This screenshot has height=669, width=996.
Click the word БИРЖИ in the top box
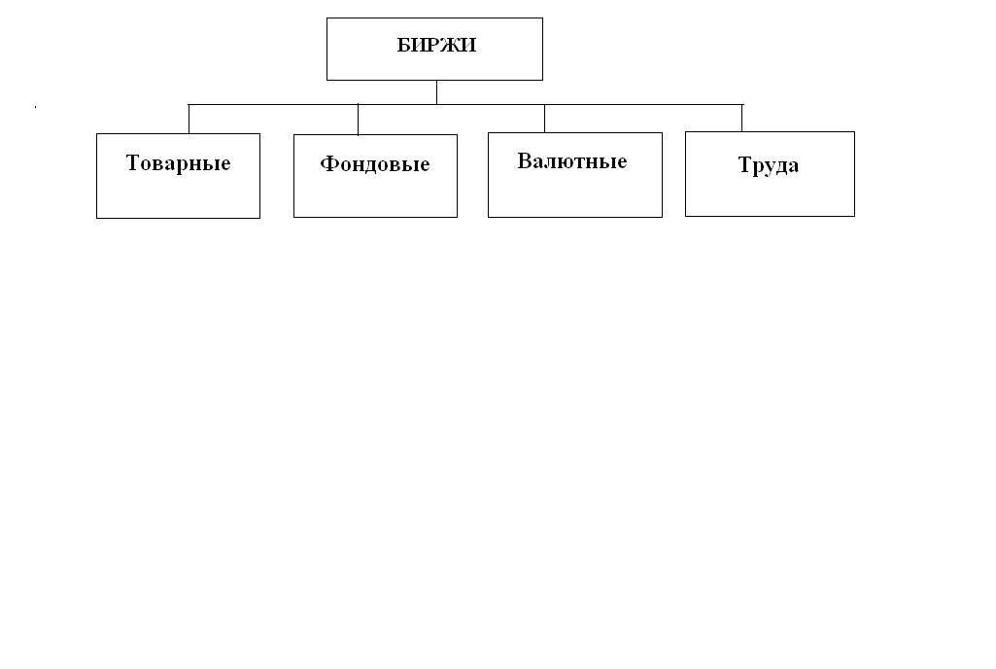436,45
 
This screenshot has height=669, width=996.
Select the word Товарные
178,163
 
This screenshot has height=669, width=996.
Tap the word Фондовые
375,164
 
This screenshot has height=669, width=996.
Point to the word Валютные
571,160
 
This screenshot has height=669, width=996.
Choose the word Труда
768,165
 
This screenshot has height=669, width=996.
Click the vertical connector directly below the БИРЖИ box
436,92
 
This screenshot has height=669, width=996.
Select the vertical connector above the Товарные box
189,119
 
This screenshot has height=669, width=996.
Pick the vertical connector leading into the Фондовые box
358,120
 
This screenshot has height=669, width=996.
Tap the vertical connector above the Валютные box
544,119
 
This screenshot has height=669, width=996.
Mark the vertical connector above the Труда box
742,118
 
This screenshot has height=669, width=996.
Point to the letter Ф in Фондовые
328,163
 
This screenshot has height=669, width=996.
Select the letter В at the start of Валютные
524,160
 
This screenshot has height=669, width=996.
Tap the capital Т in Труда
745,164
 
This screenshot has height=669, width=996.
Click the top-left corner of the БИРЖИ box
327,18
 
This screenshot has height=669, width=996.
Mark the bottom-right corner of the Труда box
854,216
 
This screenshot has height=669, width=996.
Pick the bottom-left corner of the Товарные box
96,218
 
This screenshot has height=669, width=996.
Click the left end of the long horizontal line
189,104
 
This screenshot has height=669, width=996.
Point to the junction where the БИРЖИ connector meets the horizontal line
436,104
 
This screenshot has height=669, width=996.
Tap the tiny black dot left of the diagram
35,107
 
